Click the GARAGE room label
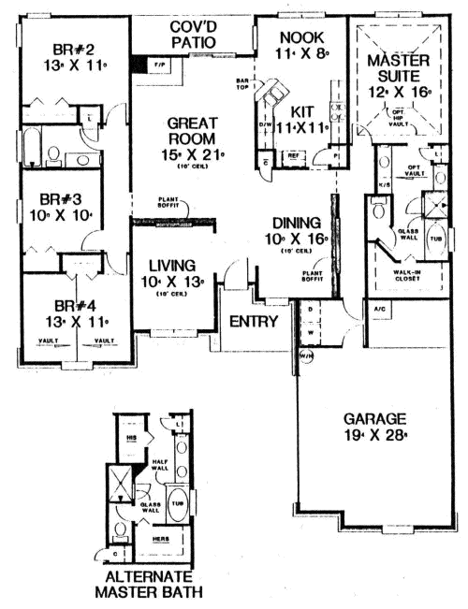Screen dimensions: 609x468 click(373, 418)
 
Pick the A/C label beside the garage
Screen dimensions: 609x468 click(380, 308)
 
